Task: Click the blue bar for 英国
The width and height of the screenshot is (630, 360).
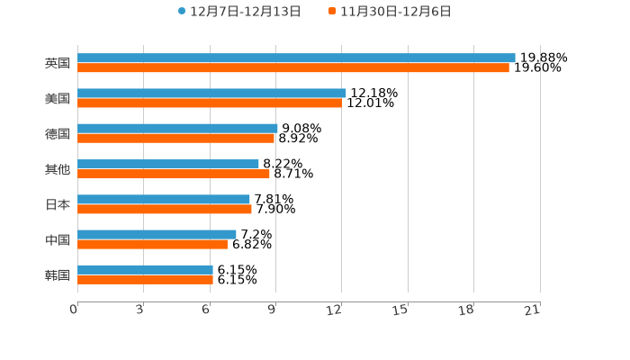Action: click(x=296, y=58)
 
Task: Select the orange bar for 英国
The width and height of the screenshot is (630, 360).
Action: click(x=293, y=68)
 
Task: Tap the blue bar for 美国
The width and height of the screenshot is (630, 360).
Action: click(x=211, y=93)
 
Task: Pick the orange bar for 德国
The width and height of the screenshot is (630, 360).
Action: click(x=175, y=139)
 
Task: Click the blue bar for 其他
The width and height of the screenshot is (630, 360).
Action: click(x=168, y=164)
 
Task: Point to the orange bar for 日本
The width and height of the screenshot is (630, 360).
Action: click(x=165, y=210)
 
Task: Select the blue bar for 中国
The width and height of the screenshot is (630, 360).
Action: click(x=157, y=234)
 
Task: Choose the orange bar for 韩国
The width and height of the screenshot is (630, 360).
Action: click(x=145, y=280)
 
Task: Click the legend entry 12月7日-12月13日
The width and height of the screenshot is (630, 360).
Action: click(x=245, y=12)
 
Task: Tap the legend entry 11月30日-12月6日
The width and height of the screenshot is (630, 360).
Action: click(x=395, y=12)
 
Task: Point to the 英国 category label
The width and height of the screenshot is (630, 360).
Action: click(x=58, y=63)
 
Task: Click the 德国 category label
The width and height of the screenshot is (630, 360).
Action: click(x=58, y=133)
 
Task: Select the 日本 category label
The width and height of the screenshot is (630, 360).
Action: click(x=58, y=204)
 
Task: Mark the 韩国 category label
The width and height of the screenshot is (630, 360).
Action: click(x=58, y=274)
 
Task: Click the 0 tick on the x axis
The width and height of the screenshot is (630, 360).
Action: click(x=75, y=310)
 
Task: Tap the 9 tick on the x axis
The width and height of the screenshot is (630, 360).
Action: click(x=273, y=310)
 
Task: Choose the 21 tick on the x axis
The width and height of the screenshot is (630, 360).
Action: click(x=533, y=310)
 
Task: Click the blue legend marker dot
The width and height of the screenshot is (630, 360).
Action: click(x=182, y=12)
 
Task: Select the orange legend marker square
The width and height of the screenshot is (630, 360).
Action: click(x=332, y=12)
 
